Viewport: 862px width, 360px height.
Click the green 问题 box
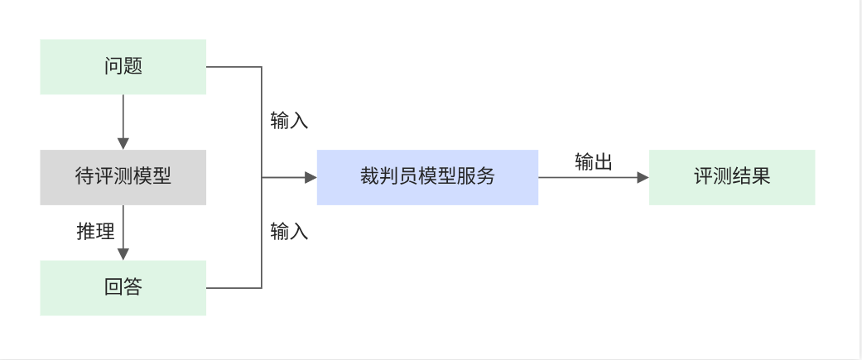tap(123, 66)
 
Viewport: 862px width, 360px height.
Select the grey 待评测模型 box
tap(123, 177)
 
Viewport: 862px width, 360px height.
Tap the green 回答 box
tap(123, 288)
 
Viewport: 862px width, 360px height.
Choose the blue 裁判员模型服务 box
tap(427, 177)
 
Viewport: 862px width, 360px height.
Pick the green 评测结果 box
tap(732, 177)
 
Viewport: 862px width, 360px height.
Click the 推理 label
tap(95, 232)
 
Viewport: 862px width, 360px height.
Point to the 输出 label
tap(594, 162)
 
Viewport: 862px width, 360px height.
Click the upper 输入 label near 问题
tap(289, 121)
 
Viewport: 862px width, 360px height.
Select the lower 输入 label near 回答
tap(289, 232)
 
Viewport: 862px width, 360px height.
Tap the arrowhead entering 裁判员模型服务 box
tap(311, 177)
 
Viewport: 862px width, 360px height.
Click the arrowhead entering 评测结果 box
tap(643, 177)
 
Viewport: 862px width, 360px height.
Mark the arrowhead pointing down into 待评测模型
tap(123, 144)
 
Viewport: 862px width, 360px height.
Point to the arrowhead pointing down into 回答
tap(123, 255)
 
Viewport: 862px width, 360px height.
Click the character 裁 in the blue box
tap(369, 177)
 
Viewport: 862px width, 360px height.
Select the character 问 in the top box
tap(113, 66)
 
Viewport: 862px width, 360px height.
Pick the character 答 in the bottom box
tap(132, 288)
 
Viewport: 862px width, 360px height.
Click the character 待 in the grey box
tap(84, 177)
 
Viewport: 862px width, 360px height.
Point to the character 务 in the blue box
tap(485, 177)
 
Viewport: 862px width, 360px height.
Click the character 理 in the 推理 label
tap(104, 232)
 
